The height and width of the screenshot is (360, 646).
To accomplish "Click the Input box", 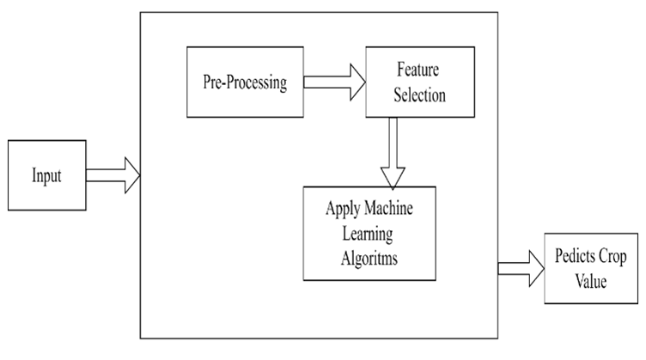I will (47, 175).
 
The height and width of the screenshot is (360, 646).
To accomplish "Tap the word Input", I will (46, 175).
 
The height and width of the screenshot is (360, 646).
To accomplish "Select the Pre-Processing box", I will (244, 82).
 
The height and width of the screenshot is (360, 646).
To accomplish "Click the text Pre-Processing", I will (244, 83).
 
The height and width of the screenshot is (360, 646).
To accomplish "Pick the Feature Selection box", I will (406, 82).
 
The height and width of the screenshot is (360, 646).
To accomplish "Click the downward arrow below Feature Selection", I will (393, 151).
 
